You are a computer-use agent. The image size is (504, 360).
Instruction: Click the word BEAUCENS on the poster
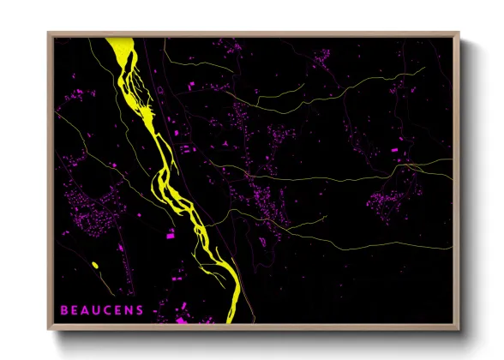[102, 309]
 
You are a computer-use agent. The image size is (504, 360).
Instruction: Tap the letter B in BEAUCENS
[64, 309]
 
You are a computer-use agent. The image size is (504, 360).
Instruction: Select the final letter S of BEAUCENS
[140, 309]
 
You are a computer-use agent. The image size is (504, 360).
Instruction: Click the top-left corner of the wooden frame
[49, 33]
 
